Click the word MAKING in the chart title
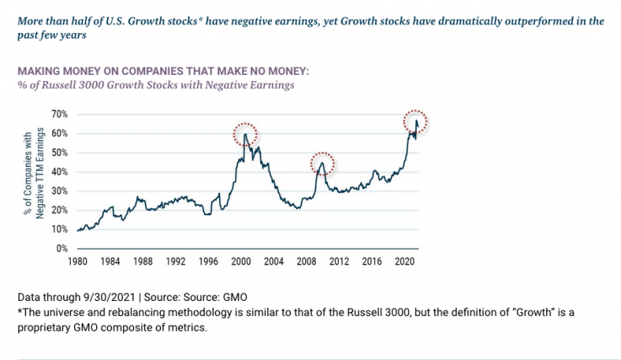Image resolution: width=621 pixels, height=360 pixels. [x=39, y=71]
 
